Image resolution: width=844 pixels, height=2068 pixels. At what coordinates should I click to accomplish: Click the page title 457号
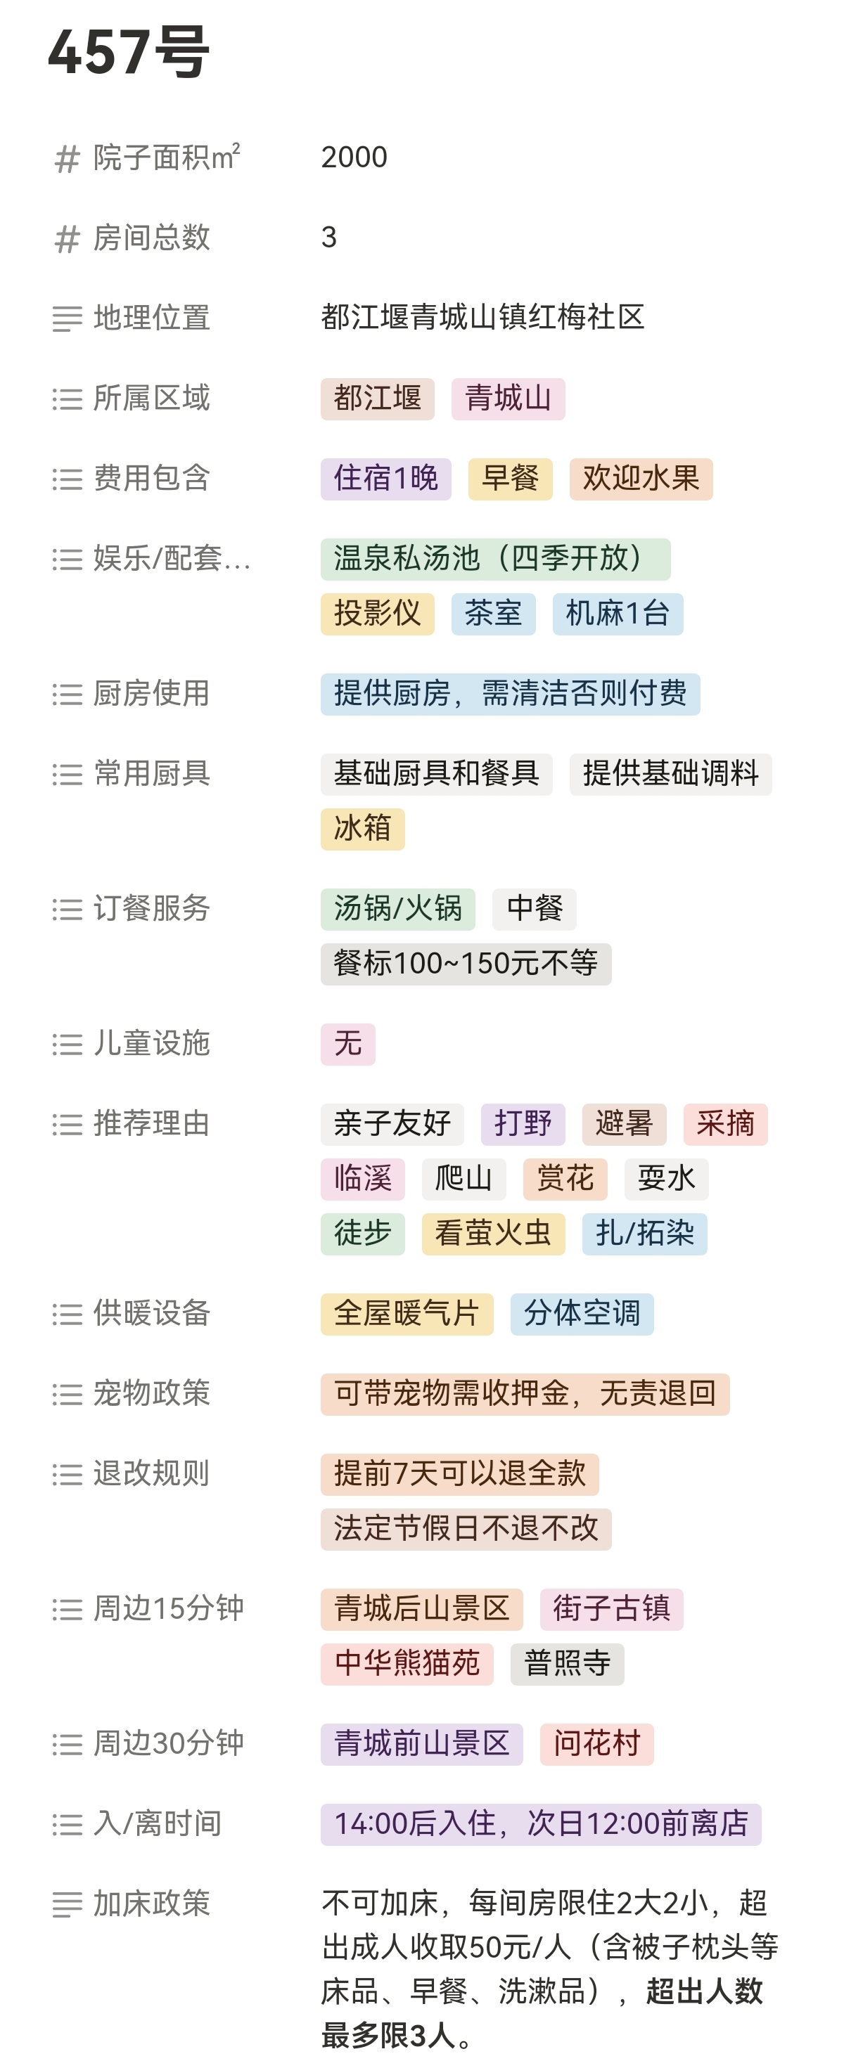tap(129, 52)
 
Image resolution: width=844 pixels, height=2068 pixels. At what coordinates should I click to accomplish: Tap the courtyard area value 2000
tap(354, 157)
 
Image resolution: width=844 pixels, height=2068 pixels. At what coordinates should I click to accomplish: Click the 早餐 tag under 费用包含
tap(510, 479)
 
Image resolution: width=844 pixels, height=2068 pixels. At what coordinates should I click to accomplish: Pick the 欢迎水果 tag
tap(641, 479)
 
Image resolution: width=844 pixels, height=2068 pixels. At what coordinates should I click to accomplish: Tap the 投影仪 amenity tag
tap(378, 614)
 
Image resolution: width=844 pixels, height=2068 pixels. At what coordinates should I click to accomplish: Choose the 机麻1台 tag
tap(618, 614)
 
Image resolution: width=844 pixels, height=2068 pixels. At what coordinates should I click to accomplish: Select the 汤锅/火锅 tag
tap(397, 909)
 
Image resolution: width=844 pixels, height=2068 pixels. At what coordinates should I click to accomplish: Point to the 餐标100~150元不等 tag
tap(466, 963)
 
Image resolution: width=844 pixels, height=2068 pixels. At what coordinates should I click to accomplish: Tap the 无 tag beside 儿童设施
tap(347, 1044)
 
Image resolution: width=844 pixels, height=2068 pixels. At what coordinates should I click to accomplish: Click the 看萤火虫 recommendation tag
tap(493, 1233)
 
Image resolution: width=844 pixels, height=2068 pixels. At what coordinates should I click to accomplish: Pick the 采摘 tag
tap(725, 1124)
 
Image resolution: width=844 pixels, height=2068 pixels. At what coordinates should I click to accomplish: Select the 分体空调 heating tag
tap(582, 1313)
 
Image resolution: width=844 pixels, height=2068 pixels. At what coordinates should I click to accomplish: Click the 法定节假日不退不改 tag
tap(466, 1529)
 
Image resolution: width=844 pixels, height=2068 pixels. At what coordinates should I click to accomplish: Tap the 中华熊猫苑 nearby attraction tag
tap(407, 1663)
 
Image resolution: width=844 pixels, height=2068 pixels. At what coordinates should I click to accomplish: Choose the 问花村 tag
tap(596, 1744)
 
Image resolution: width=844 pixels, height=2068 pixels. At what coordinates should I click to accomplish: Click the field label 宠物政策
tap(152, 1394)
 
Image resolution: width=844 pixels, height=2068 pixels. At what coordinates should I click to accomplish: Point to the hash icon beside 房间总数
tap(68, 239)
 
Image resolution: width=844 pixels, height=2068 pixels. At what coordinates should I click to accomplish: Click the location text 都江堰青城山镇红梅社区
tap(482, 318)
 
